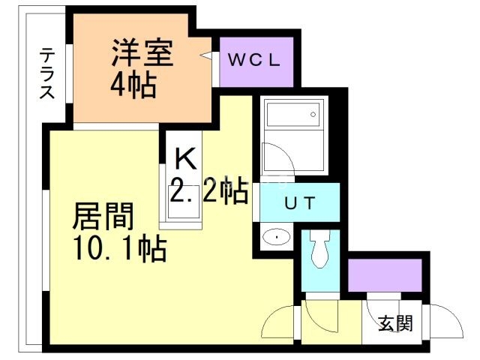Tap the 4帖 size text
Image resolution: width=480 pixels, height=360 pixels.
pyautogui.click(x=133, y=86)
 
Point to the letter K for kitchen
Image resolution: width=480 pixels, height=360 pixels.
pyautogui.click(x=185, y=160)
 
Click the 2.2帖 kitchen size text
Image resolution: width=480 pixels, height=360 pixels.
pyautogui.click(x=208, y=193)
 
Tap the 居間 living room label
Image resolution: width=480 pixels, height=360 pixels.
pyautogui.click(x=103, y=217)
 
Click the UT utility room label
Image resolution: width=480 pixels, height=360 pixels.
pyautogui.click(x=298, y=202)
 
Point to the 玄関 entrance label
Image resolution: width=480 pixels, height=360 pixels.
pyautogui.click(x=394, y=324)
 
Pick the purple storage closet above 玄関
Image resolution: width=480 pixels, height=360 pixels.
pyautogui.click(x=385, y=274)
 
